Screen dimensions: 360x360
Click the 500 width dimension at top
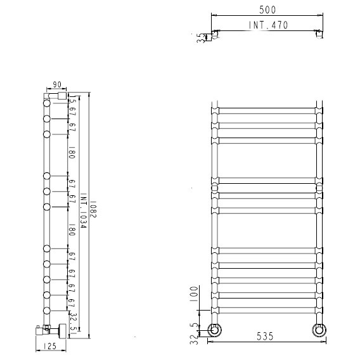point(267,10)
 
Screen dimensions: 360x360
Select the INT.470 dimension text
point(268,25)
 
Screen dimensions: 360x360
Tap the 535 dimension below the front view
point(265,337)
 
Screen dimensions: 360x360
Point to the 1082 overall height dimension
point(94,210)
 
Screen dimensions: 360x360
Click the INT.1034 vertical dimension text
point(83,210)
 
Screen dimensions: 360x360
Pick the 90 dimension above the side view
point(57,84)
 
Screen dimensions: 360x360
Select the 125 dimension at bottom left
point(49,346)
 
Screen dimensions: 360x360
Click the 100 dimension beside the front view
point(194,295)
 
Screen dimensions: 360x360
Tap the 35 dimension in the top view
point(200,38)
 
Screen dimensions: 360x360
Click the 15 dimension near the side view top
point(72,99)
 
